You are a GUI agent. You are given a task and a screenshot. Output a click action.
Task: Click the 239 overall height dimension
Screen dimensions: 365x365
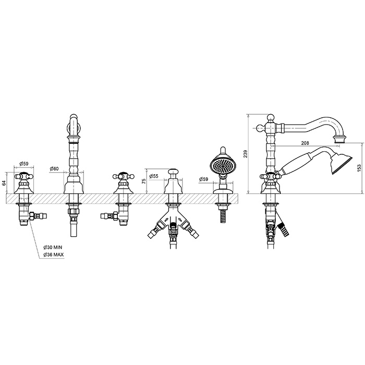point(246,154)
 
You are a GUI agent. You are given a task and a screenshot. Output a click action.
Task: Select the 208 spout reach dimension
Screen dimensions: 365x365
point(305,143)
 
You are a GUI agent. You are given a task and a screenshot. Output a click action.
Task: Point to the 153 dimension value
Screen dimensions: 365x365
point(359,168)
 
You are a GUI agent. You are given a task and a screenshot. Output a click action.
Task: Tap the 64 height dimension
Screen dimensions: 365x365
point(4,183)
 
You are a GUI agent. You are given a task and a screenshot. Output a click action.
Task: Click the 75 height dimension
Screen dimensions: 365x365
point(143,181)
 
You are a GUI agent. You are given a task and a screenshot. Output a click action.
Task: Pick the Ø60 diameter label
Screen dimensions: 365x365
point(54,169)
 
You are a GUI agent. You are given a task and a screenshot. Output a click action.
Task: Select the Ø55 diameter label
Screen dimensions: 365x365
point(154,176)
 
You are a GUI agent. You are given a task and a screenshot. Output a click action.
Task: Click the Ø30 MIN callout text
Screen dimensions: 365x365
point(53,247)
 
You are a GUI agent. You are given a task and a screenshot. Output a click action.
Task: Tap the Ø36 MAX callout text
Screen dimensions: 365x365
point(54,255)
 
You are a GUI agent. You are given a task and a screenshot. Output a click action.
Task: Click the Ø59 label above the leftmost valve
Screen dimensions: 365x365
point(24,164)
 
